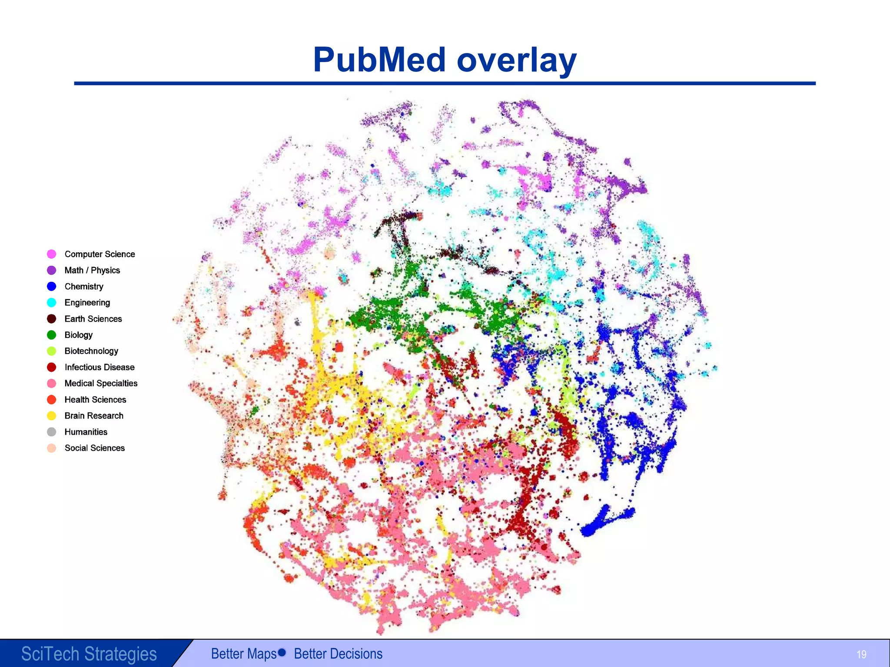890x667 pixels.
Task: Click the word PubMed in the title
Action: coord(379,60)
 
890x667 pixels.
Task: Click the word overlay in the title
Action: coord(517,60)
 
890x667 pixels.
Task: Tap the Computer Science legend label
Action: coord(100,254)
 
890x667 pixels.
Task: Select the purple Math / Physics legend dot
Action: coord(52,270)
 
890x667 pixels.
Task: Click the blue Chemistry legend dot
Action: coord(52,287)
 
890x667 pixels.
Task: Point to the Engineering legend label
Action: coord(87,303)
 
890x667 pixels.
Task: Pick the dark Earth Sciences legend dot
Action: coord(52,319)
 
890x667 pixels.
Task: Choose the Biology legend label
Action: coord(78,335)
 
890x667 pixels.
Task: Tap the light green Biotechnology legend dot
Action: coord(52,351)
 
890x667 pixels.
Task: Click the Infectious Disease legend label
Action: coord(100,367)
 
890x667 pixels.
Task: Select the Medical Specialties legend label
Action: coord(101,383)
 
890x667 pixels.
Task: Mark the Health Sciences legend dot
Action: coord(52,400)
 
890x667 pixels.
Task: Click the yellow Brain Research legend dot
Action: coord(52,416)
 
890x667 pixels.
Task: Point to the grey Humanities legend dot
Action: coord(52,432)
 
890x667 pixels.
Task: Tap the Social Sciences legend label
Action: coord(94,448)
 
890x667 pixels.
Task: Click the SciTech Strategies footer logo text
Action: coord(89,654)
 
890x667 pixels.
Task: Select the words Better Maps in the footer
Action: coord(244,654)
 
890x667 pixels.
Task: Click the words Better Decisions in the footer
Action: coord(338,654)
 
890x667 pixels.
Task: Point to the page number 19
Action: coord(861,654)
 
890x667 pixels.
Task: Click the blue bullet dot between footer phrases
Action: coord(282,652)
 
